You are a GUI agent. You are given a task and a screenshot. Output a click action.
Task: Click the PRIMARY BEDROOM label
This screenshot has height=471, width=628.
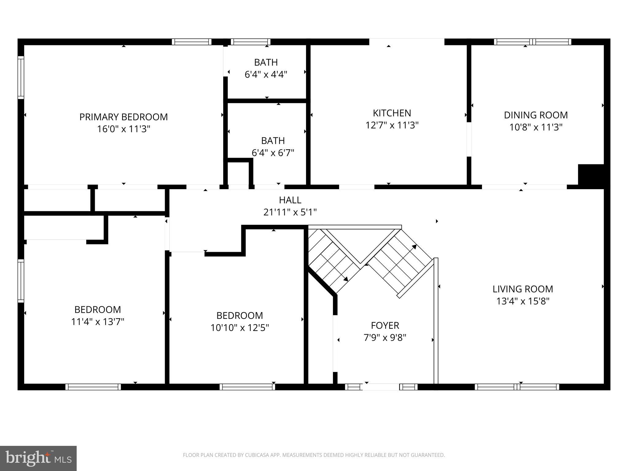point(123,117)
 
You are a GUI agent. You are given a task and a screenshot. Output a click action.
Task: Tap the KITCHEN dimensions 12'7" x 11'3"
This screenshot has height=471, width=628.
point(392,125)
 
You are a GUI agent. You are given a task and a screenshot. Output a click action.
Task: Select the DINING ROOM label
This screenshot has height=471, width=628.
point(536,115)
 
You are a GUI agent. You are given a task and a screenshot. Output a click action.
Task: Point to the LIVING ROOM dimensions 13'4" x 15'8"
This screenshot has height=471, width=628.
point(523,301)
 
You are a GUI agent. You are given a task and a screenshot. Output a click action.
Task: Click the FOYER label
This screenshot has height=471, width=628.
point(385,325)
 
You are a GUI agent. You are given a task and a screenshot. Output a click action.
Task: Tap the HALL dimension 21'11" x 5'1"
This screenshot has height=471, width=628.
point(290,212)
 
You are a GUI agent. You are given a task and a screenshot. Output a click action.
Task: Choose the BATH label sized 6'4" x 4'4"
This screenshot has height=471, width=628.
point(266,62)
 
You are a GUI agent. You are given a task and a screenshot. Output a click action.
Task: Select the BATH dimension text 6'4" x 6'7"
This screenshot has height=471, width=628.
point(273,152)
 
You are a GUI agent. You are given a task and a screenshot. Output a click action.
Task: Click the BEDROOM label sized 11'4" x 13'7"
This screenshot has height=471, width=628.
point(98,309)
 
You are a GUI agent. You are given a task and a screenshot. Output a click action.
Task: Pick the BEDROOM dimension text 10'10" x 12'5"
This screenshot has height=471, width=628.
point(239,328)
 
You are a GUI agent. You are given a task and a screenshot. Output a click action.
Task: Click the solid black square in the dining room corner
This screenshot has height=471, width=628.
point(591,175)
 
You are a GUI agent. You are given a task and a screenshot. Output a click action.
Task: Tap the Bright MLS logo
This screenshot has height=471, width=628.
point(38,458)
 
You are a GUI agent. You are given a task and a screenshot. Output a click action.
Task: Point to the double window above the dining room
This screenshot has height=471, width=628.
point(532,42)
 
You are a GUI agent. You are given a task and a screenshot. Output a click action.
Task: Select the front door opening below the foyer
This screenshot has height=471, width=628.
point(381,387)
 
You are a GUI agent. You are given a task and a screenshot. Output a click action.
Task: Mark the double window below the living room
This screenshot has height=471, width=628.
point(517,387)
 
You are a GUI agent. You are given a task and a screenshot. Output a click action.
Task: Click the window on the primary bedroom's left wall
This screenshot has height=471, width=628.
point(21,77)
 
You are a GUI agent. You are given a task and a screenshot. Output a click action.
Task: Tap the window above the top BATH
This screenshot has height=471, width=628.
point(251,42)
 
